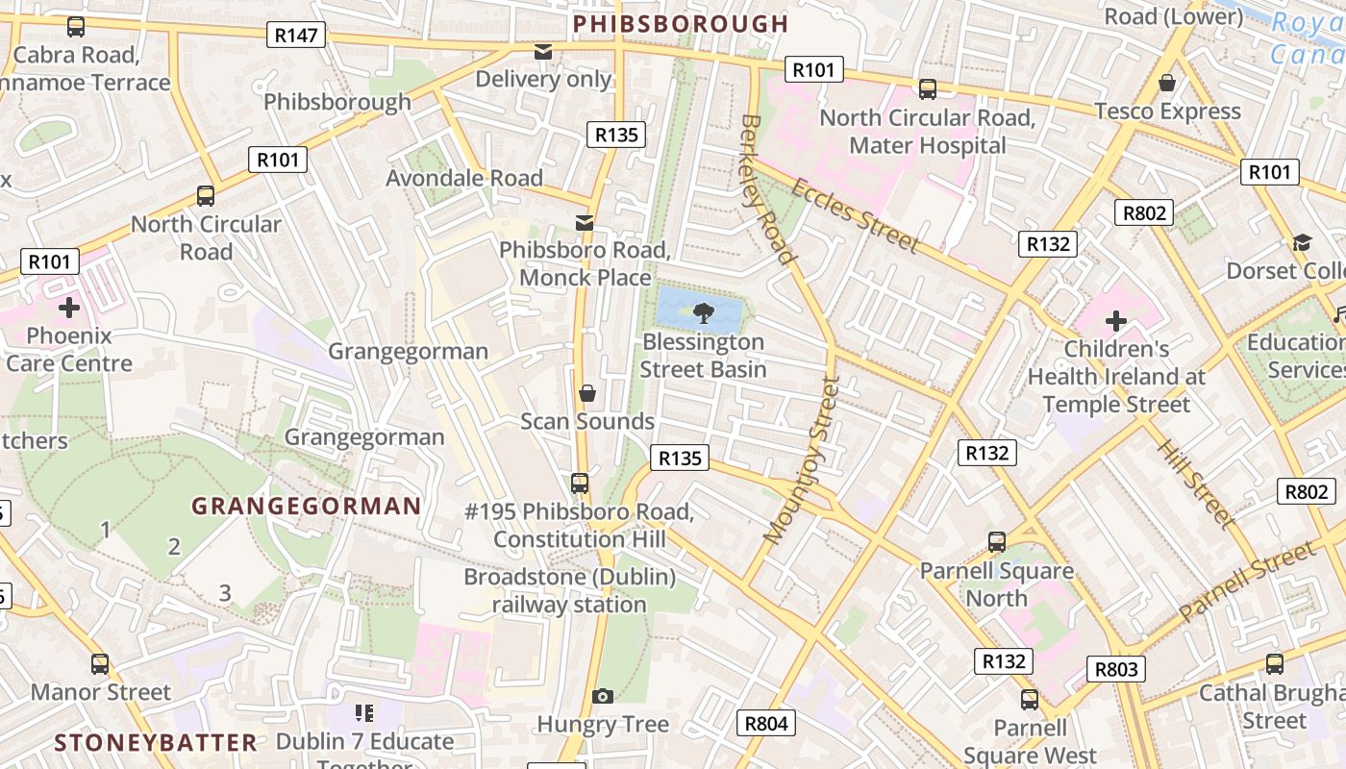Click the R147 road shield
[x=295, y=36]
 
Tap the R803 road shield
[x=1115, y=669]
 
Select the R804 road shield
[x=766, y=723]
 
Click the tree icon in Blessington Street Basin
[x=703, y=311]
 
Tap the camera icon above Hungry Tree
[x=603, y=696]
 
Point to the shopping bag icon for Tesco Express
[x=1166, y=84]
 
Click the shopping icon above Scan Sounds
[x=587, y=393]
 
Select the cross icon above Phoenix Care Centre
[x=68, y=308]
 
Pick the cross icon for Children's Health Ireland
[x=1115, y=320]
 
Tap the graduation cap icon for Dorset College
[x=1302, y=243]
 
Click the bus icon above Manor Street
[x=100, y=664]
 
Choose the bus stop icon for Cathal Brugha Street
[x=1274, y=664]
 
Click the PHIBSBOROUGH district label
[x=680, y=24]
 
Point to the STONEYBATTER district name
[x=156, y=742]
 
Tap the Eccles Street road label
[x=855, y=214]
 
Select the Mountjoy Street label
[x=800, y=459]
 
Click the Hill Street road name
[x=1194, y=484]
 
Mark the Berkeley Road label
[x=767, y=189]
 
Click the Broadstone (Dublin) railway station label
[x=569, y=590]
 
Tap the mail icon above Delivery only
[x=543, y=52]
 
